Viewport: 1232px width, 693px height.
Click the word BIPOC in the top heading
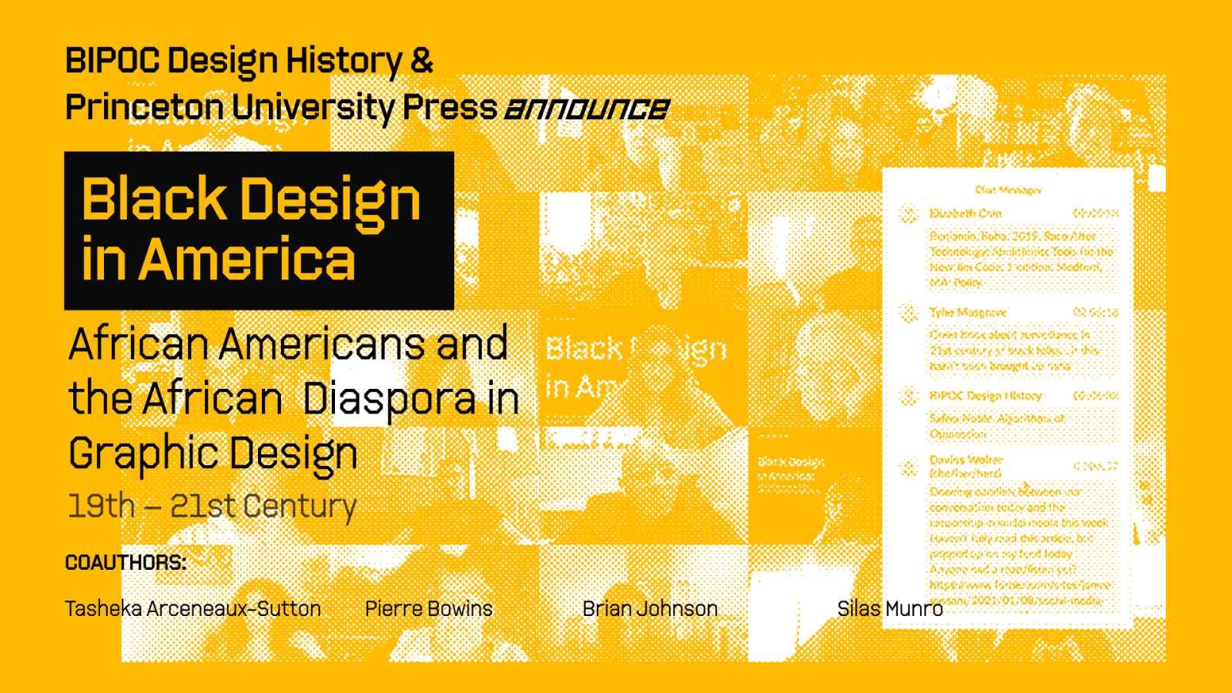coord(112,61)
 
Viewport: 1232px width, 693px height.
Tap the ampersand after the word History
coord(422,61)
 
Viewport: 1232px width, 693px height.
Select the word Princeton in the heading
coord(144,108)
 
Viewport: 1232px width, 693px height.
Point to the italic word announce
coord(587,109)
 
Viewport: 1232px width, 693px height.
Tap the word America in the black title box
coord(247,260)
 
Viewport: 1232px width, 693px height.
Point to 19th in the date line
coord(102,507)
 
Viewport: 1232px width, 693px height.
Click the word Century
coord(300,507)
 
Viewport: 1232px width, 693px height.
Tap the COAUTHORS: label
coord(126,563)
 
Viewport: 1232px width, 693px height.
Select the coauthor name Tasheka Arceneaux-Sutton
coord(192,609)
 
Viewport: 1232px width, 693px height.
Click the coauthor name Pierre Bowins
coord(429,609)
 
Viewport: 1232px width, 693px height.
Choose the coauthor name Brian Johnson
coord(650,609)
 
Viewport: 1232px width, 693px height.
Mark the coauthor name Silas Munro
coord(889,609)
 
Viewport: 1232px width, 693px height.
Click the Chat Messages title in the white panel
coord(1008,189)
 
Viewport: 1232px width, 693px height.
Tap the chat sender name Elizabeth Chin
coord(966,213)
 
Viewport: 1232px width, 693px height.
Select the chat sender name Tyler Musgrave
coord(968,312)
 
